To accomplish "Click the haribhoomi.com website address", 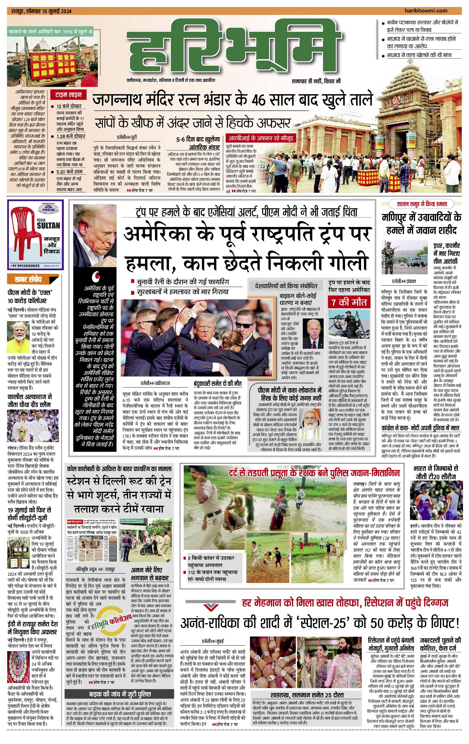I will pyautogui.click(x=426, y=11).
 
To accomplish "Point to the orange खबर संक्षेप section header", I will pyautogui.click(x=32, y=280).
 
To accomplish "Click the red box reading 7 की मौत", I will pyautogui.click(x=349, y=302).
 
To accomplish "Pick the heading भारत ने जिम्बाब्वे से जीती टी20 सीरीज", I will pyautogui.click(x=435, y=472).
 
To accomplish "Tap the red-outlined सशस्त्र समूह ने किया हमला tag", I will pyautogui.click(x=422, y=204).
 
